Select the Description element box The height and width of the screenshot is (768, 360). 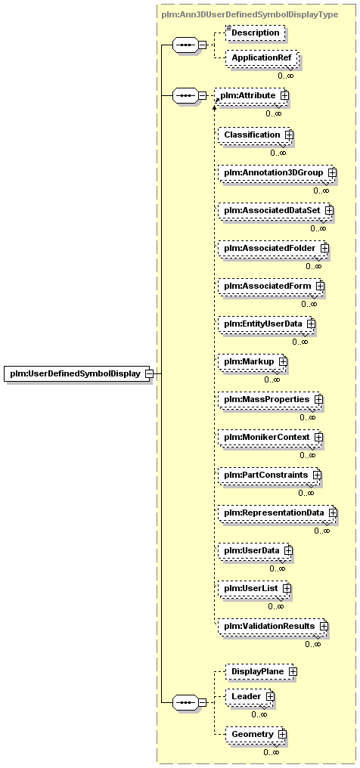[255, 33]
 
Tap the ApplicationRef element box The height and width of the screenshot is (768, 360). [261, 57]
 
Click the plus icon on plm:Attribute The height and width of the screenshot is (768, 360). [284, 95]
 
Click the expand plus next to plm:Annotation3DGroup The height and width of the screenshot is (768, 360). [332, 172]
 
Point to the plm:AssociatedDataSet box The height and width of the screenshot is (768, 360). [276, 210]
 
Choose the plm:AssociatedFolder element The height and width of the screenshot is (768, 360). [274, 249]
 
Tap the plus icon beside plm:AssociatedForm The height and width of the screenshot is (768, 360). [321, 285]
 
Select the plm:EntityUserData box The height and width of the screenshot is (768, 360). [267, 324]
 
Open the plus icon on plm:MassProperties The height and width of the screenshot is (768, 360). [318, 400]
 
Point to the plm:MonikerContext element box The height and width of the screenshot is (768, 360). [271, 436]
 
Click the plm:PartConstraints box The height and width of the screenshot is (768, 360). [270, 475]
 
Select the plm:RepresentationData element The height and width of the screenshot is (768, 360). [278, 513]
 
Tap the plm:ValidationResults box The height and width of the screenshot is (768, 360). [273, 626]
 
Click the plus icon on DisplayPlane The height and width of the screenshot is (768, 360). [293, 672]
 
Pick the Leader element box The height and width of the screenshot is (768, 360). [250, 695]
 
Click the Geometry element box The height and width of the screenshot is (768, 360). [256, 734]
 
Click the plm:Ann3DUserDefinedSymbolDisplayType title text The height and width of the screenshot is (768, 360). [250, 14]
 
